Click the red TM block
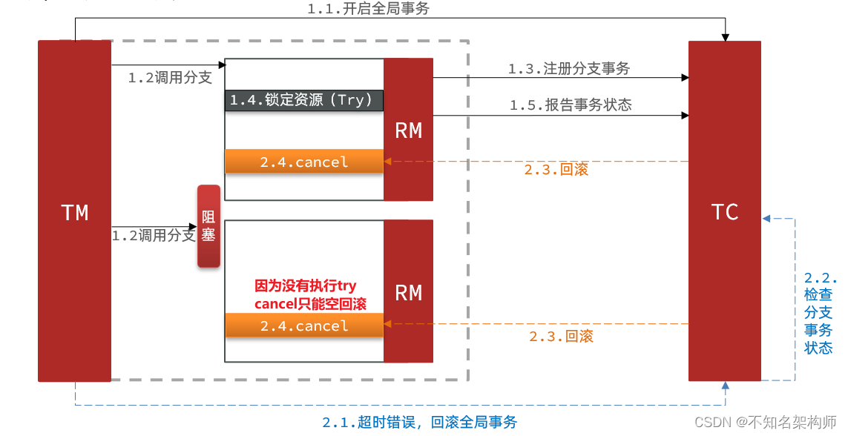74,212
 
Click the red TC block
724,212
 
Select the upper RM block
408,131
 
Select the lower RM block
408,292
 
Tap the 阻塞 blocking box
208,226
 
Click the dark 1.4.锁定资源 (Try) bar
304,100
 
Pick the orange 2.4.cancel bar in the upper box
304,162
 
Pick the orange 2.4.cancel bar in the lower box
304,326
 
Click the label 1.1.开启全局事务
368,9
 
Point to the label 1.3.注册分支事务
568,68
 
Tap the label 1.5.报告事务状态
570,105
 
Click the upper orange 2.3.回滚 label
556,170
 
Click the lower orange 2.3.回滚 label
561,336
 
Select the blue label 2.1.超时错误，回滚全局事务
419,422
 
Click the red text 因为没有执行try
306,286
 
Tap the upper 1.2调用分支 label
170,78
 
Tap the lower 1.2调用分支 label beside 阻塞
154,236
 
